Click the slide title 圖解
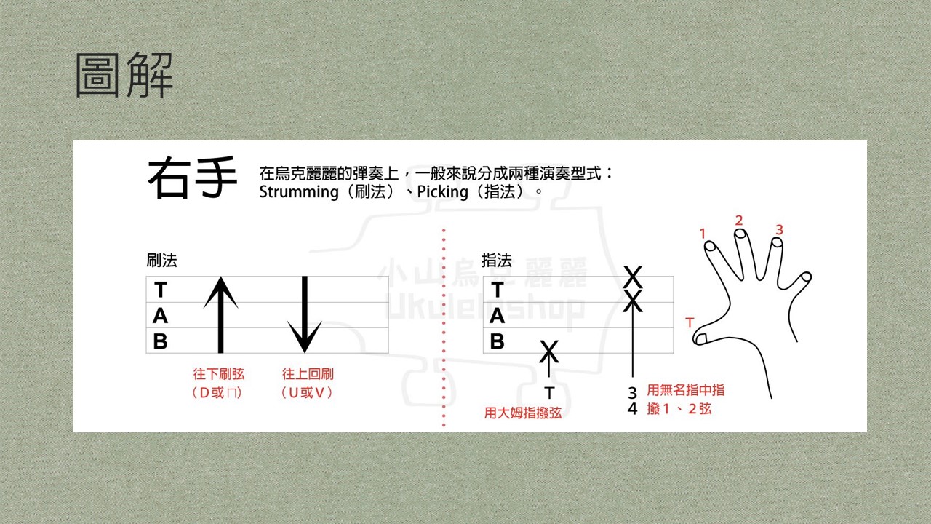pyautogui.click(x=124, y=75)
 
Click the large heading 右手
pyautogui.click(x=193, y=178)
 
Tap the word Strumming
pyautogui.click(x=299, y=192)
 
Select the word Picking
pyautogui.click(x=443, y=192)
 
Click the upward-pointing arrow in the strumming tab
pyautogui.click(x=220, y=315)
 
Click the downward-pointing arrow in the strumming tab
pyautogui.click(x=305, y=315)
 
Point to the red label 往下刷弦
pyautogui.click(x=219, y=374)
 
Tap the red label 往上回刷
pyautogui.click(x=308, y=374)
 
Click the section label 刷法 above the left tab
pyautogui.click(x=161, y=261)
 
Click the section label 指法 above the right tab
pyautogui.click(x=497, y=261)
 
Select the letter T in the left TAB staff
pyautogui.click(x=161, y=290)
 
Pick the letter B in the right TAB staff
pyautogui.click(x=497, y=341)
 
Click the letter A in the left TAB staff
pyautogui.click(x=161, y=316)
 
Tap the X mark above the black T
pyautogui.click(x=549, y=352)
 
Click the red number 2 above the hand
pyautogui.click(x=738, y=221)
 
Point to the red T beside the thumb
pyautogui.click(x=690, y=322)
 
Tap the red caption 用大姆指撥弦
pyautogui.click(x=523, y=413)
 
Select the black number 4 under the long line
pyautogui.click(x=632, y=409)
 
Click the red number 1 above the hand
pyautogui.click(x=703, y=234)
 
